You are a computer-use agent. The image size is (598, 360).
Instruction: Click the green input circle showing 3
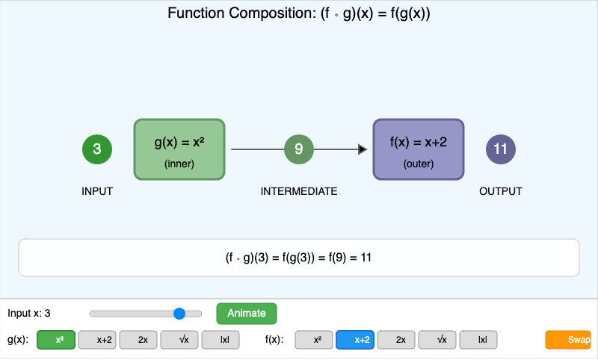[97, 149]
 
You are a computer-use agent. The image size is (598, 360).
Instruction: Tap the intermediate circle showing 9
[299, 149]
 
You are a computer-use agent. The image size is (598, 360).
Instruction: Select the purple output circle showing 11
[501, 149]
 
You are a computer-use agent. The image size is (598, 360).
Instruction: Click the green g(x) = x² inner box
[179, 149]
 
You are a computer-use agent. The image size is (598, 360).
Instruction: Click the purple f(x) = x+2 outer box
[419, 149]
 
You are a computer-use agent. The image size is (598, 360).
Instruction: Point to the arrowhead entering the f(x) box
[363, 149]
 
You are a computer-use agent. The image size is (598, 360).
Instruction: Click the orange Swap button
[569, 340]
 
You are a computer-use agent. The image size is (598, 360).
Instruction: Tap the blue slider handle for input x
[179, 314]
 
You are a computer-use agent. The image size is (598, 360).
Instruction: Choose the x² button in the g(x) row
[56, 340]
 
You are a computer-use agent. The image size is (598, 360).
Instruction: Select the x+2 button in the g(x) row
[97, 340]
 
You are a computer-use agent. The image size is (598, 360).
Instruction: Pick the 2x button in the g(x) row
[138, 340]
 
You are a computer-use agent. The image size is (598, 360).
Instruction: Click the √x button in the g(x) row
[179, 340]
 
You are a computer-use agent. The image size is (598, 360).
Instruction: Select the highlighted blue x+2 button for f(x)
[355, 340]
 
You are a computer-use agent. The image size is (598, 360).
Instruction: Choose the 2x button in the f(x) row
[396, 340]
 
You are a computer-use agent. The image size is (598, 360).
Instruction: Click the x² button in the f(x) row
[314, 340]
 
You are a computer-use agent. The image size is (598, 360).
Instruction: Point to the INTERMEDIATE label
[299, 192]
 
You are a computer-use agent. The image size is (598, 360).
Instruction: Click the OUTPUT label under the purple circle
[501, 192]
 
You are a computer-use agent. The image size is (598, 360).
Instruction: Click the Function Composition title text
[299, 14]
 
